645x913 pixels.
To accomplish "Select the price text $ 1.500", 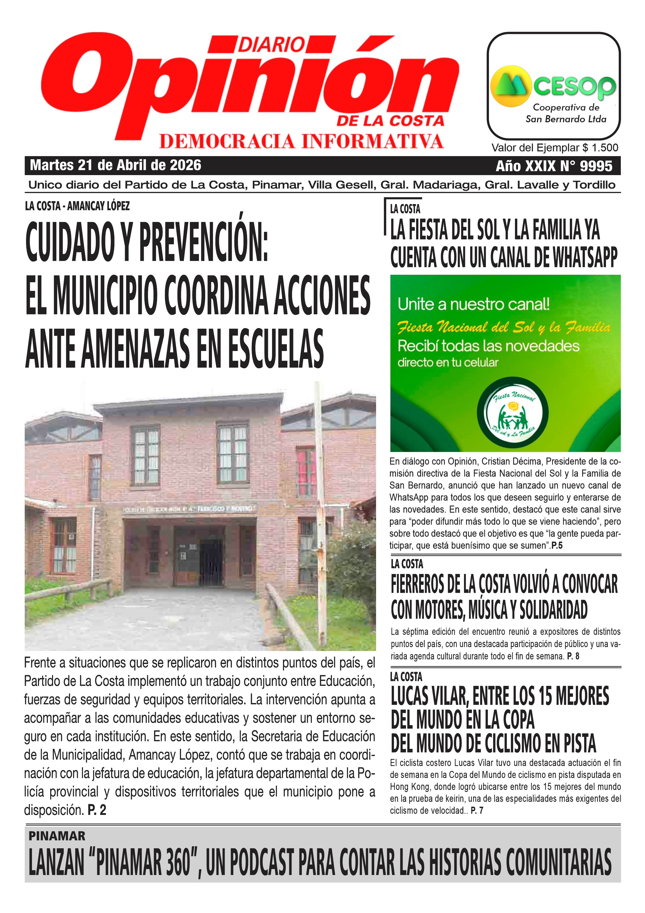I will click(600, 148).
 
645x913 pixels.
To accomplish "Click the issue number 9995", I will click(596, 166).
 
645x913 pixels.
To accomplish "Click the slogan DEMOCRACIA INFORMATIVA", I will click(301, 141).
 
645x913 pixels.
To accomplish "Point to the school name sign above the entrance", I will click(189, 509).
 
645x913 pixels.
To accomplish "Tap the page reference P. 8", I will click(573, 656).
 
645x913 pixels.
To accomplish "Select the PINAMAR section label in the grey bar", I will click(57, 836).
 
